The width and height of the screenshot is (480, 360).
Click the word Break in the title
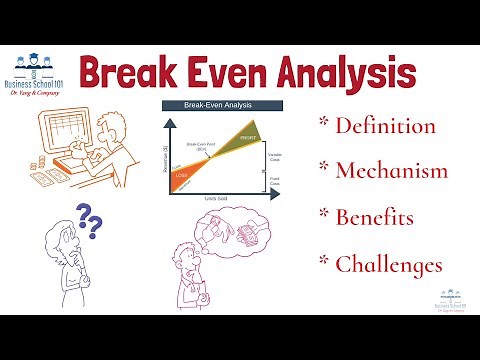(x=128, y=75)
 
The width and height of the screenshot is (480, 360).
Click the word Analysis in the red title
(x=340, y=75)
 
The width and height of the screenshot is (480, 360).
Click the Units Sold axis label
(x=213, y=200)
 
